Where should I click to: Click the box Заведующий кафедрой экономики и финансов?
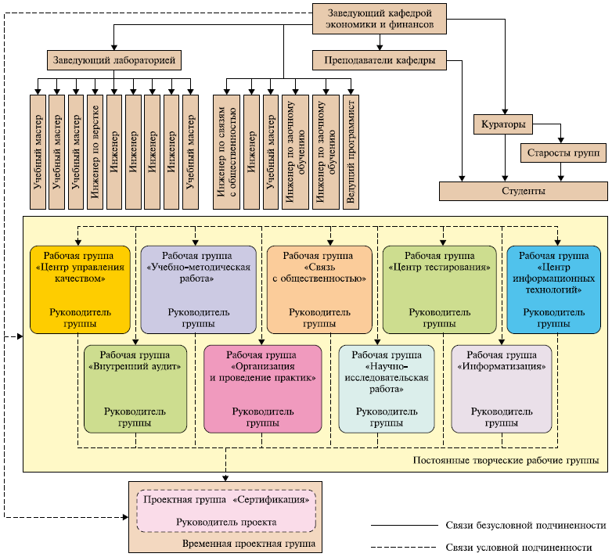[x=379, y=18]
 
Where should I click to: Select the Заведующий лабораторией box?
[x=113, y=59]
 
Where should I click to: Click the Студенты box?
[x=523, y=191]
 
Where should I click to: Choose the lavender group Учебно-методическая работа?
[x=198, y=289]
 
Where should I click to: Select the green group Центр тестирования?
[x=439, y=289]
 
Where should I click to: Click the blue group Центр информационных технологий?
[x=554, y=289]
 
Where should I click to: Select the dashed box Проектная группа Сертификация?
[x=226, y=511]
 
